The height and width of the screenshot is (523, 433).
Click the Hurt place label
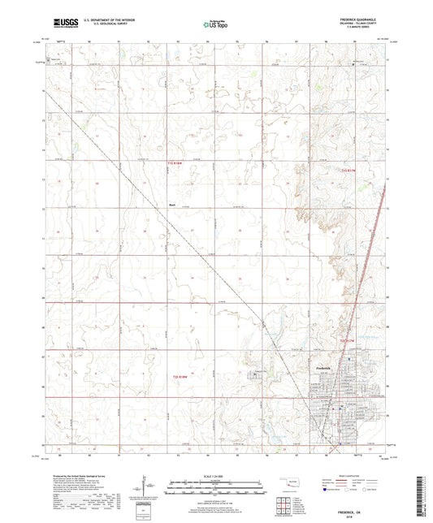point(172,204)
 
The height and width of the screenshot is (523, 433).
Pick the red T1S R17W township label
point(349,171)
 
